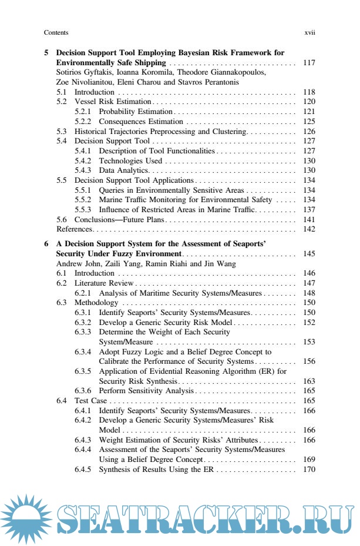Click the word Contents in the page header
coord(56,33)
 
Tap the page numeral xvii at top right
coord(309,33)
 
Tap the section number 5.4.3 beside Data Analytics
coord(83,170)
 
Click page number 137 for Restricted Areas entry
coord(309,209)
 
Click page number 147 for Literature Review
coord(309,283)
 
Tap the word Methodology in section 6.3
coord(95,303)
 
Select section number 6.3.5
coord(83,371)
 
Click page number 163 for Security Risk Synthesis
coord(309,381)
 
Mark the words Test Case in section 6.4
coord(89,400)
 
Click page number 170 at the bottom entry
coord(309,469)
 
